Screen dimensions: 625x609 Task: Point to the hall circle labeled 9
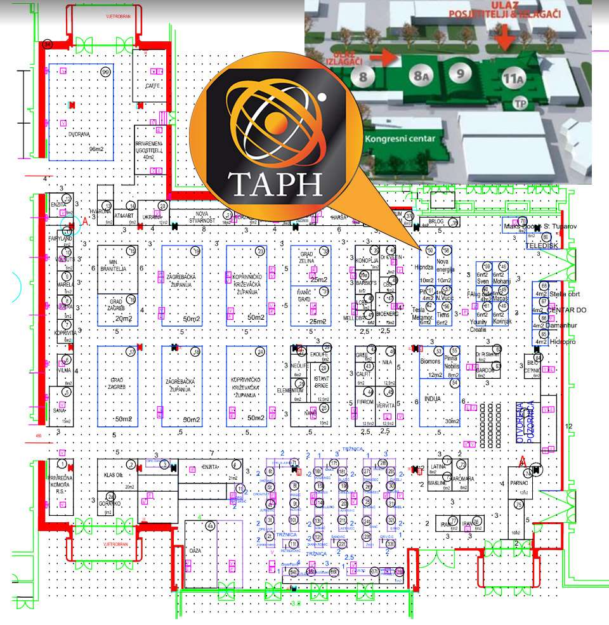tap(460, 72)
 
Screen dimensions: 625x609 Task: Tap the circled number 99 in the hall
tap(105, 72)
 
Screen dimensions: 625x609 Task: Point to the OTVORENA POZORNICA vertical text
tap(523, 422)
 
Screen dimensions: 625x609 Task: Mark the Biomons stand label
tap(430, 361)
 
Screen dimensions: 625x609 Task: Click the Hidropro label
tap(563, 341)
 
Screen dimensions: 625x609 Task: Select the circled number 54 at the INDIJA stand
tap(454, 383)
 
